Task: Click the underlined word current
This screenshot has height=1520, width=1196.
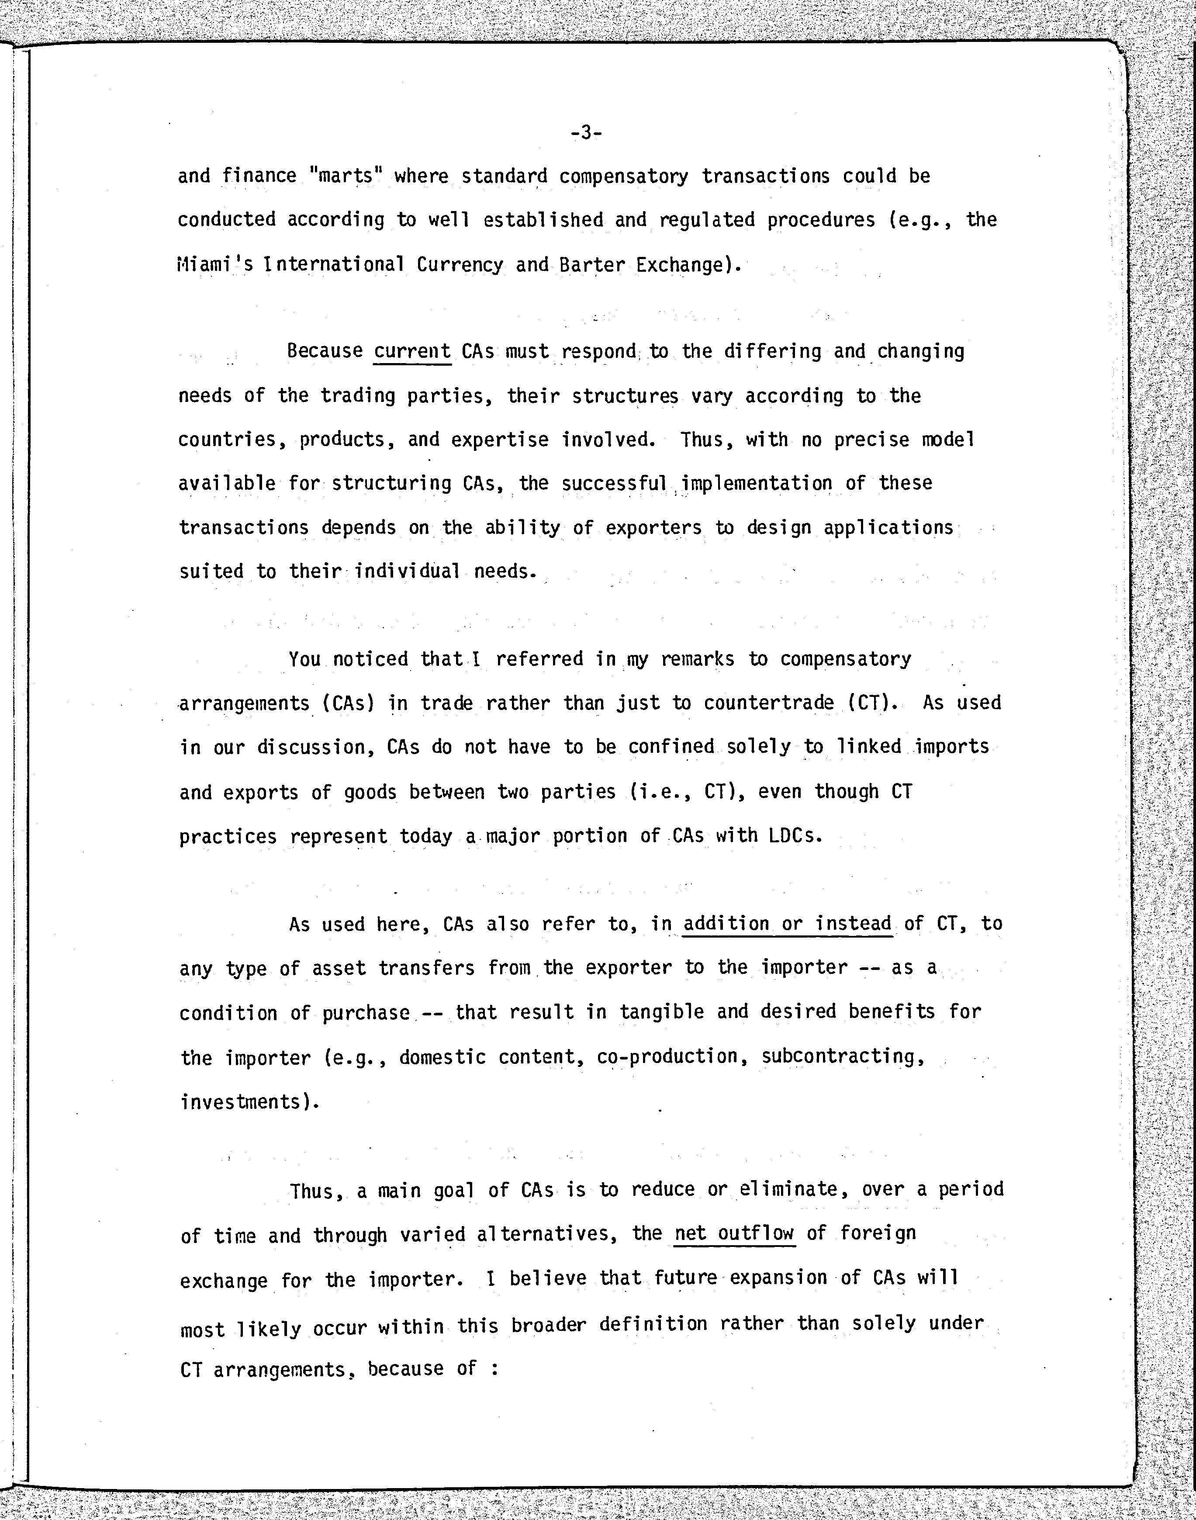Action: click(x=412, y=350)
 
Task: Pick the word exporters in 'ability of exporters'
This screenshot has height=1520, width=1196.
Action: click(x=653, y=527)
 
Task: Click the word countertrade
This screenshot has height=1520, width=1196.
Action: click(x=769, y=703)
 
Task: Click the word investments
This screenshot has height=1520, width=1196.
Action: click(x=245, y=1102)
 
